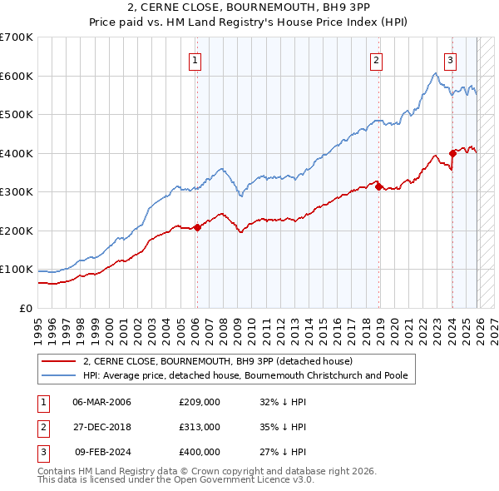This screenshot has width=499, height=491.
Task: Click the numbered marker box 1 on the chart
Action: pos(195,60)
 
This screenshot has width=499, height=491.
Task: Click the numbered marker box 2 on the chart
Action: pos(377,60)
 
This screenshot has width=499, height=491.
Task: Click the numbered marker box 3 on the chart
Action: pos(450,60)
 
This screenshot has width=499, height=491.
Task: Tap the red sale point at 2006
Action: pos(197,227)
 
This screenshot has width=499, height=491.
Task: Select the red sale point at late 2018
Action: pos(378,187)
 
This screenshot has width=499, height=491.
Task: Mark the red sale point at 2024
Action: pos(452,153)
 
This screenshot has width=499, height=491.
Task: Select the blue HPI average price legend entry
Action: pos(245,375)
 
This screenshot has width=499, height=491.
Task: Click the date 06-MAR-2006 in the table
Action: pos(102,401)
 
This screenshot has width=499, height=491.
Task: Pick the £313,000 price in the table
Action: pos(200,426)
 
